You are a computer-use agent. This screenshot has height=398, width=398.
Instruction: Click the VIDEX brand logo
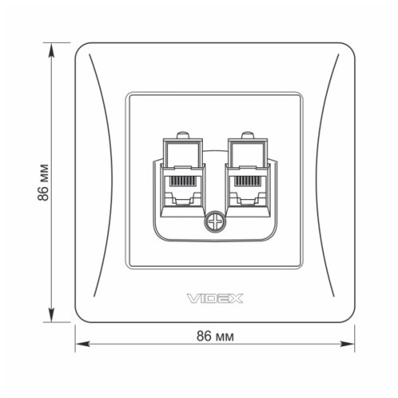[x=215, y=298]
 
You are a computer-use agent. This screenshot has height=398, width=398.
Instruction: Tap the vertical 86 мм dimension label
[x=45, y=183]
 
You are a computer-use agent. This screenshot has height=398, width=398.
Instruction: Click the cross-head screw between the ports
[x=214, y=222]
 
